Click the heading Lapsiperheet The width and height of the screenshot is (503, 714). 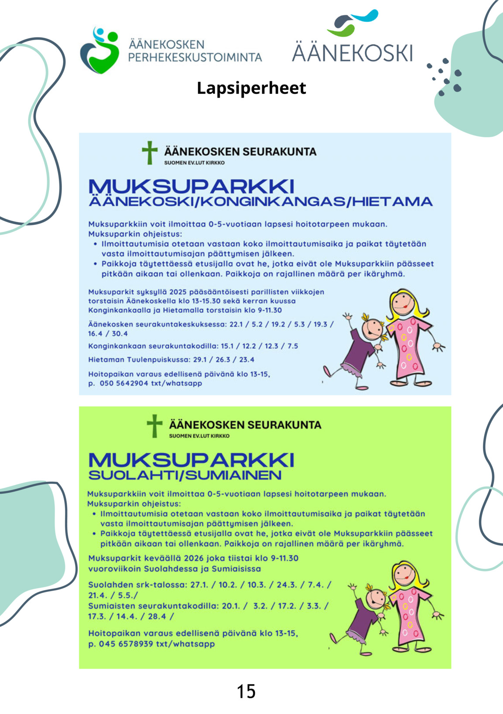(x=251, y=88)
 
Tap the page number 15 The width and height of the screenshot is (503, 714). (x=246, y=691)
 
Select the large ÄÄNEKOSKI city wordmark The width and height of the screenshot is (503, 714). (x=352, y=53)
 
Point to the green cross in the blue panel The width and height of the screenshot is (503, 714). (x=150, y=153)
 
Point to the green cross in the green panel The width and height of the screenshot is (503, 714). (x=154, y=426)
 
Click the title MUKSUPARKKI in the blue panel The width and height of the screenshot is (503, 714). (x=192, y=186)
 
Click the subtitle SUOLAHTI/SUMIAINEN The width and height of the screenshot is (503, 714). (x=185, y=475)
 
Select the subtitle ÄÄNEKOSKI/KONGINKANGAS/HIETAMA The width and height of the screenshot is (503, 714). (x=260, y=201)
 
